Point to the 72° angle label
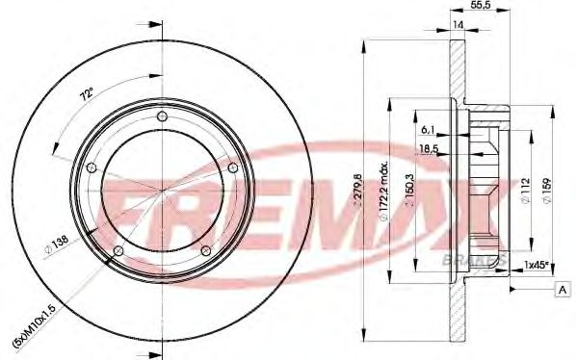[x=86, y=94]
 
